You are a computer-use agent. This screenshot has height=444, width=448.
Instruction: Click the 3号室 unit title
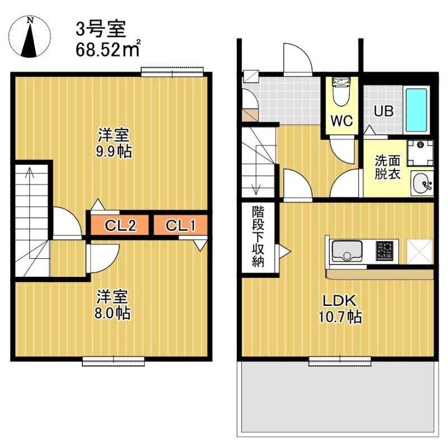[101, 29]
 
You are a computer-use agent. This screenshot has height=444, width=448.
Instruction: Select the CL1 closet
[180, 226]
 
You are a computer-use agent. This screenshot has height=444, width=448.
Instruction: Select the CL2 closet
[121, 226]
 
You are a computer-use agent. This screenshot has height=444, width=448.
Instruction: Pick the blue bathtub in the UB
[416, 109]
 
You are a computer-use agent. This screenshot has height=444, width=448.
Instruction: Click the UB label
[384, 111]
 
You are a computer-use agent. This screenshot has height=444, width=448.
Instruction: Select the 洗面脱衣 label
[388, 167]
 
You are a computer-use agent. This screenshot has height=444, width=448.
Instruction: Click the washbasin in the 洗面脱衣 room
[422, 182]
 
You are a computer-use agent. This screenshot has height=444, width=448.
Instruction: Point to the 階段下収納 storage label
[258, 237]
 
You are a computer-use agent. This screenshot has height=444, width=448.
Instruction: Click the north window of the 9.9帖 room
[170, 71]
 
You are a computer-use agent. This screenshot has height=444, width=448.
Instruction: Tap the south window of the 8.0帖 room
[113, 361]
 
